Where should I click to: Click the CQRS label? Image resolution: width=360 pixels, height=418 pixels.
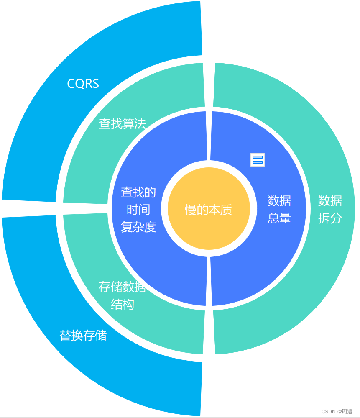(x=83, y=84)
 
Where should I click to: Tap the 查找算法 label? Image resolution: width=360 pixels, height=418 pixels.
(x=122, y=123)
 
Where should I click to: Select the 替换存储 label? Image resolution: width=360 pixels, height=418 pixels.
(x=83, y=335)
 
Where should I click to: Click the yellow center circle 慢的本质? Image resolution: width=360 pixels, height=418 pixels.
(x=209, y=209)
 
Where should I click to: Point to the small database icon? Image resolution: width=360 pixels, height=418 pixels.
(x=258, y=159)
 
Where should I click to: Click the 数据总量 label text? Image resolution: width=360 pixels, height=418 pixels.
(x=279, y=209)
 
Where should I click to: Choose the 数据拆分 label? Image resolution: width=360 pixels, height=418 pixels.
(x=330, y=209)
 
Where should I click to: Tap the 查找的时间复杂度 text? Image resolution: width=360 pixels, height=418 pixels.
(x=138, y=209)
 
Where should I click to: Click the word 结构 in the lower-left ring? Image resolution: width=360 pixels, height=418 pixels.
(x=122, y=304)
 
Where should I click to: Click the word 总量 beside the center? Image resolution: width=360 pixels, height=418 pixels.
(x=279, y=218)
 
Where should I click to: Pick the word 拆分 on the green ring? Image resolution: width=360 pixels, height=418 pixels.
(x=330, y=218)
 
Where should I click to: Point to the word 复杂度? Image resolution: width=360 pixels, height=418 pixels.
(x=138, y=227)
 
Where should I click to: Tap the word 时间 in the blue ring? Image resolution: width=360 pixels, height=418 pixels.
(x=138, y=209)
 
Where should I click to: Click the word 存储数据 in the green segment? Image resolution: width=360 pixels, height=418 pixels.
(x=122, y=287)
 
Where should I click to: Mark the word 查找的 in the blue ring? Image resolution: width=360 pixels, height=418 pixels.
(x=138, y=192)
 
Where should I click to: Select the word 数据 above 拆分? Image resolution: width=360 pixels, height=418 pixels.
(x=330, y=200)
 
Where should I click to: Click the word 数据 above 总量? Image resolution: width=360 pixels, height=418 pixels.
(x=279, y=200)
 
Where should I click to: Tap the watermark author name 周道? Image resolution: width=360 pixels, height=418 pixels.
(x=347, y=411)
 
